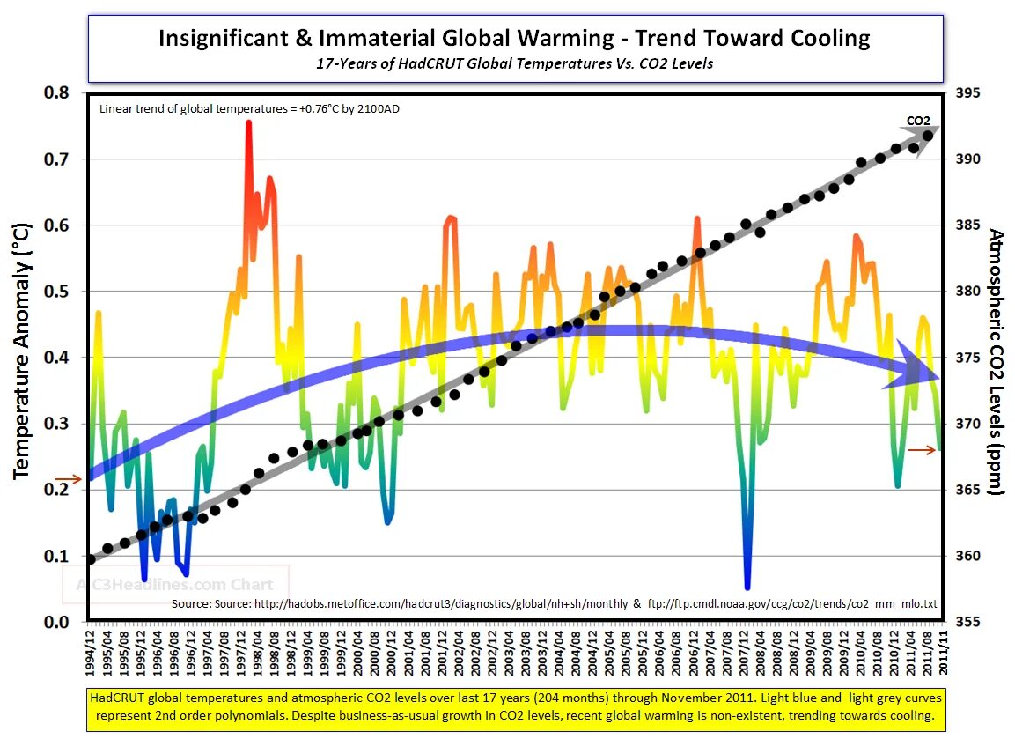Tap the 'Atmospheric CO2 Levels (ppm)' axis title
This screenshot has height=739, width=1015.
[x=996, y=361]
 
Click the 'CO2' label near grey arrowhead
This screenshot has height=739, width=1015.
[x=918, y=121]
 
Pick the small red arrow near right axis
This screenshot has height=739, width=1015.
[x=923, y=450]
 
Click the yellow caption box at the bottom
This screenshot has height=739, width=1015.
[x=514, y=706]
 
